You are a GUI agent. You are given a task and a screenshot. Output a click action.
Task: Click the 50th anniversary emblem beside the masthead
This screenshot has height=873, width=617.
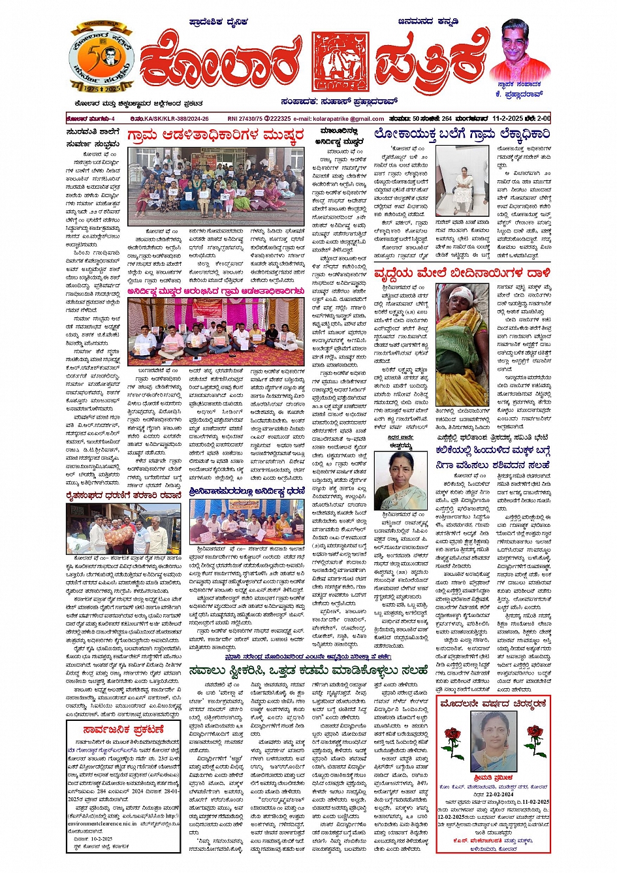[x=101, y=58]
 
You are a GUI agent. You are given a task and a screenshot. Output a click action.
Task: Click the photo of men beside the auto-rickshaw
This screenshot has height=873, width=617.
[x=123, y=528]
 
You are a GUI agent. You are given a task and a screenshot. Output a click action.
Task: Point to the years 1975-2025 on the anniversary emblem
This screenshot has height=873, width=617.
[x=101, y=87]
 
